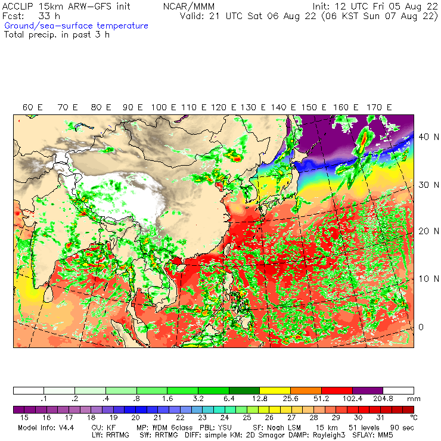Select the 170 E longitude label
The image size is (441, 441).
380,107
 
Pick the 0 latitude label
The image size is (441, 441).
420,327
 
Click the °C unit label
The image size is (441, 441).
414,418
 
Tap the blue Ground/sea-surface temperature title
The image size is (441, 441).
76,26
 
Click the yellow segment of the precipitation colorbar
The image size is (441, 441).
275,391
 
